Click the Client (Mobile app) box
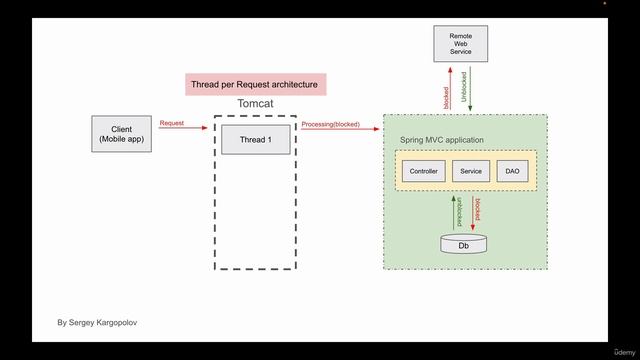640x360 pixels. coord(121,134)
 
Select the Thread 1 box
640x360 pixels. coord(254,139)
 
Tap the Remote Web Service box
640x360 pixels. coord(461,44)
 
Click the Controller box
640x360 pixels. coord(421,171)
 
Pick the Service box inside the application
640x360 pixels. coord(471,171)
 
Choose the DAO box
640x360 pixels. coord(512,171)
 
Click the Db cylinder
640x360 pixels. coord(463,244)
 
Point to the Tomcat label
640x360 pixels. coord(256,103)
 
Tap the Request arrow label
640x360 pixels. coord(171,123)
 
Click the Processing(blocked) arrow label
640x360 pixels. coord(330,124)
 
